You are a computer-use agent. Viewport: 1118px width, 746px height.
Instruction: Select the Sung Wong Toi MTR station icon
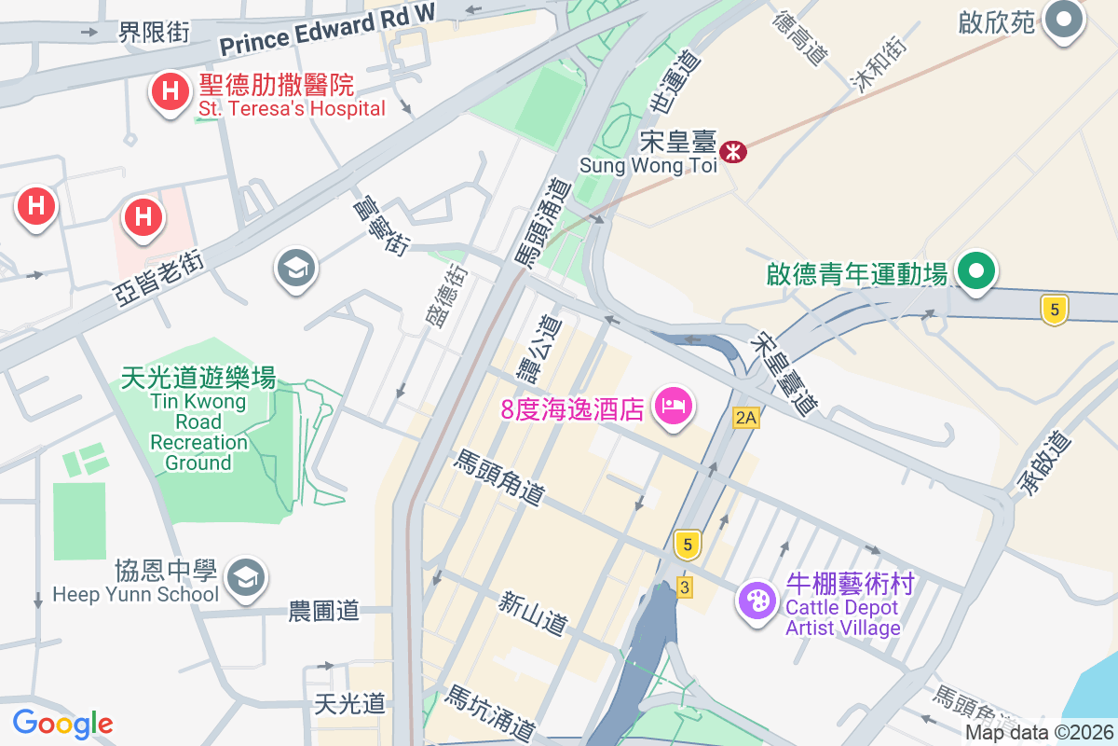point(734,150)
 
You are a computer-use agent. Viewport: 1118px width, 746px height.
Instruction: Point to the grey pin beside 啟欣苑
point(1063,20)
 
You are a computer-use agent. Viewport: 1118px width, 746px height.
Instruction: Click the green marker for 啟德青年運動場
point(975,272)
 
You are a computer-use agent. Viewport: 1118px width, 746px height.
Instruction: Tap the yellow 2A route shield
point(745,418)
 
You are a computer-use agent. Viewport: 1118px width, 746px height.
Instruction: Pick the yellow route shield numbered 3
point(685,587)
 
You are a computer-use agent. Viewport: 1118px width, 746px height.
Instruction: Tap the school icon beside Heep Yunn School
point(246,577)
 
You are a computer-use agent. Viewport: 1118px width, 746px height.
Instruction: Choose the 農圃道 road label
point(323,612)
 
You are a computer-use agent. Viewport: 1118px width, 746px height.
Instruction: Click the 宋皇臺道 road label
point(788,372)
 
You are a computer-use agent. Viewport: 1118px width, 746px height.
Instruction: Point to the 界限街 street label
point(154,33)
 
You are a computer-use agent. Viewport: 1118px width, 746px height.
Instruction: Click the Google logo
point(62,723)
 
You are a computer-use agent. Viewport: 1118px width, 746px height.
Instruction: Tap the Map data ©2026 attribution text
point(1039,733)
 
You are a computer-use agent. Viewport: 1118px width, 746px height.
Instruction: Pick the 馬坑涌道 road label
point(489,712)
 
